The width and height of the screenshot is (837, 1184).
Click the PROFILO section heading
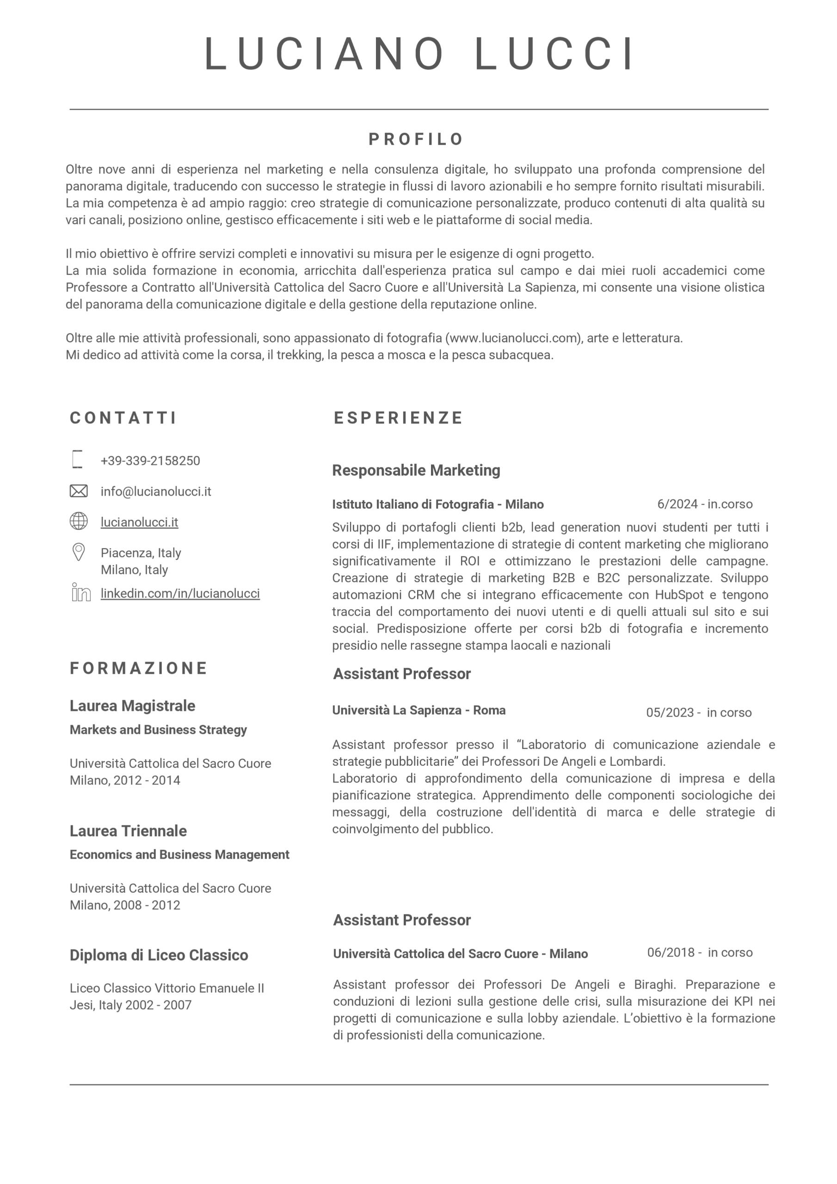[416, 139]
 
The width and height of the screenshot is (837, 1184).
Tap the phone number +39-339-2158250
[150, 461]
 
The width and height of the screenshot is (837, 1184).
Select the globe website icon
[79, 521]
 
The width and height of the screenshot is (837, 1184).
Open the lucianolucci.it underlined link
[139, 522]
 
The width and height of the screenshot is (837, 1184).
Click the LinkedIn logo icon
[81, 592]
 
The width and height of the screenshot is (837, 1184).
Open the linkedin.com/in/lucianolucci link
[180, 593]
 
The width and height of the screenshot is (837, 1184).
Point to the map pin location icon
[79, 552]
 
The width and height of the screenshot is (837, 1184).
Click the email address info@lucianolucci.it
[156, 492]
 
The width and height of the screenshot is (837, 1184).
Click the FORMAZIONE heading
[139, 668]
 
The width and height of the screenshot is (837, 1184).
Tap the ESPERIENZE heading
[398, 418]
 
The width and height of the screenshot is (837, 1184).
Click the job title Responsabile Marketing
[416, 470]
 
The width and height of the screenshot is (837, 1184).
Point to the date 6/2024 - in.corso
[704, 504]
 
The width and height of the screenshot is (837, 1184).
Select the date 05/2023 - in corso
[699, 712]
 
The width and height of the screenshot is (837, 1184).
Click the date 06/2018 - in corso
[700, 952]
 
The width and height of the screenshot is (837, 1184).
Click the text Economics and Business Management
[179, 855]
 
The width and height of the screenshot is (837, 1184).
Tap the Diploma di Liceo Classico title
[159, 955]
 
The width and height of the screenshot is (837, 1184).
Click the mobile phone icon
[77, 459]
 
